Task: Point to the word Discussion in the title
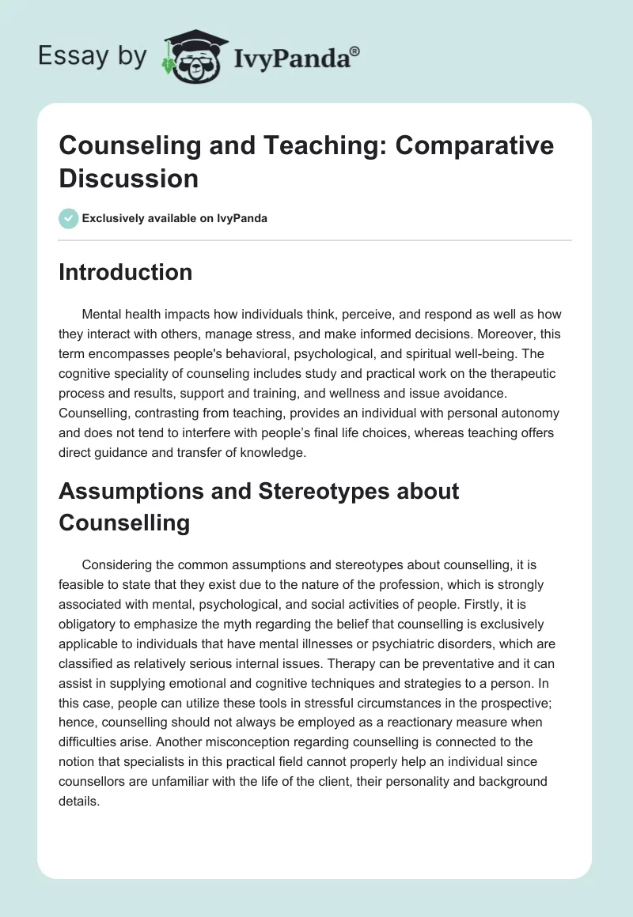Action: [x=129, y=178]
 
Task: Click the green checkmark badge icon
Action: [x=69, y=218]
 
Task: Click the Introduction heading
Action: [x=126, y=272]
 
